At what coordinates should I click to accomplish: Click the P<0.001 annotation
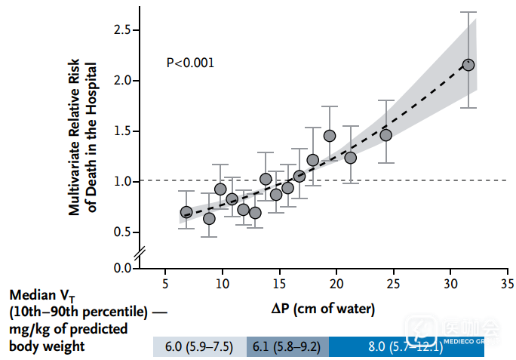[190, 63]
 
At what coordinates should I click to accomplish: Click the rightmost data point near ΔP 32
[468, 65]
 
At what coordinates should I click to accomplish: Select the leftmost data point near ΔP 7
[186, 212]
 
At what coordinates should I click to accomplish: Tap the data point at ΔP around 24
[385, 135]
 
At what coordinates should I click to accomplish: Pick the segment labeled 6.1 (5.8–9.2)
[287, 346]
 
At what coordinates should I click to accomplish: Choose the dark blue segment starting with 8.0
[405, 346]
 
